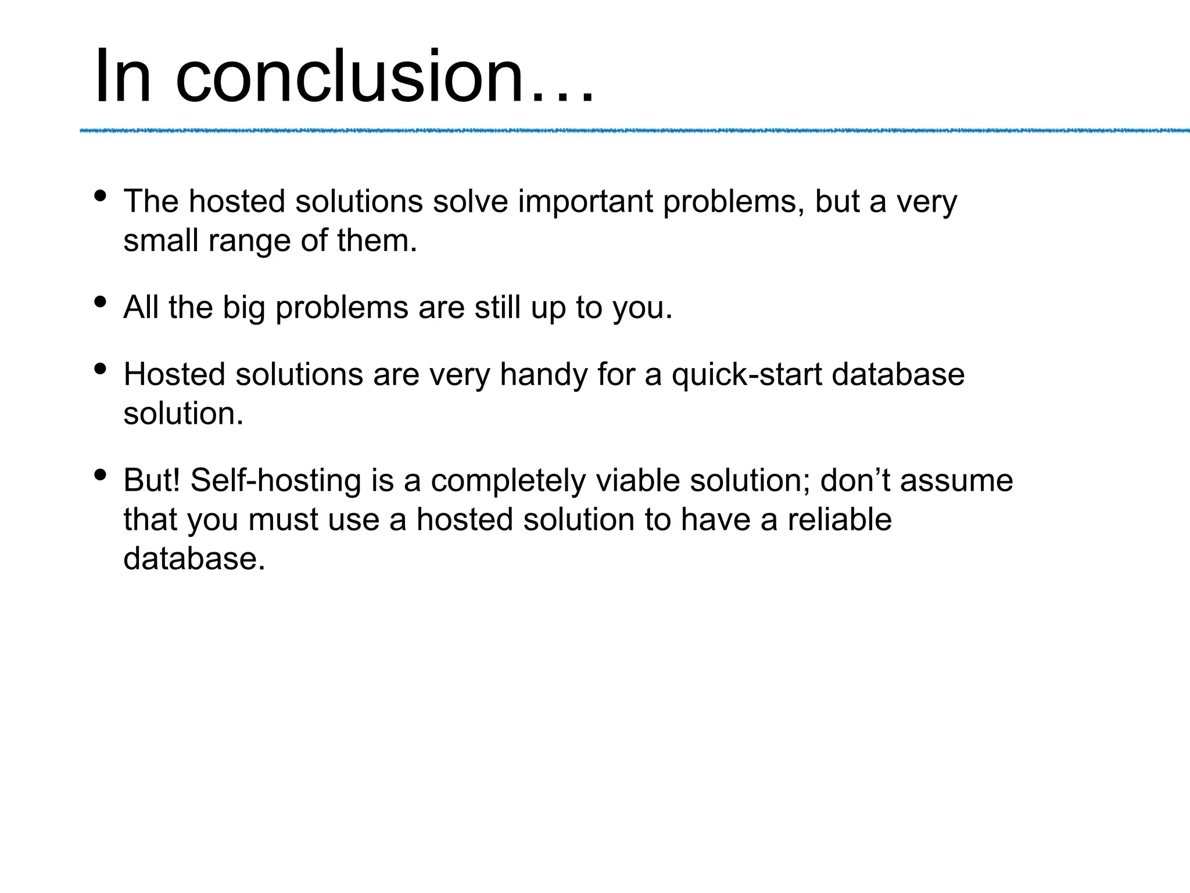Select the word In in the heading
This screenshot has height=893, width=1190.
click(x=123, y=77)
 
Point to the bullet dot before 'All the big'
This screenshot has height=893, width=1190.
click(x=100, y=302)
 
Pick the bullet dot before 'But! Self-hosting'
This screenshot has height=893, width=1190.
click(x=100, y=475)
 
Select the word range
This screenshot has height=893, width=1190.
click(x=249, y=241)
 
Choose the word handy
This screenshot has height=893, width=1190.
click(x=543, y=375)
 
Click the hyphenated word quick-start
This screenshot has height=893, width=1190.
click(x=747, y=375)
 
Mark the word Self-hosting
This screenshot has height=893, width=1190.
click(x=275, y=481)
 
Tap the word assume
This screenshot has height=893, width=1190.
click(x=956, y=481)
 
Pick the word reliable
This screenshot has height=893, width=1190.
click(x=840, y=520)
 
